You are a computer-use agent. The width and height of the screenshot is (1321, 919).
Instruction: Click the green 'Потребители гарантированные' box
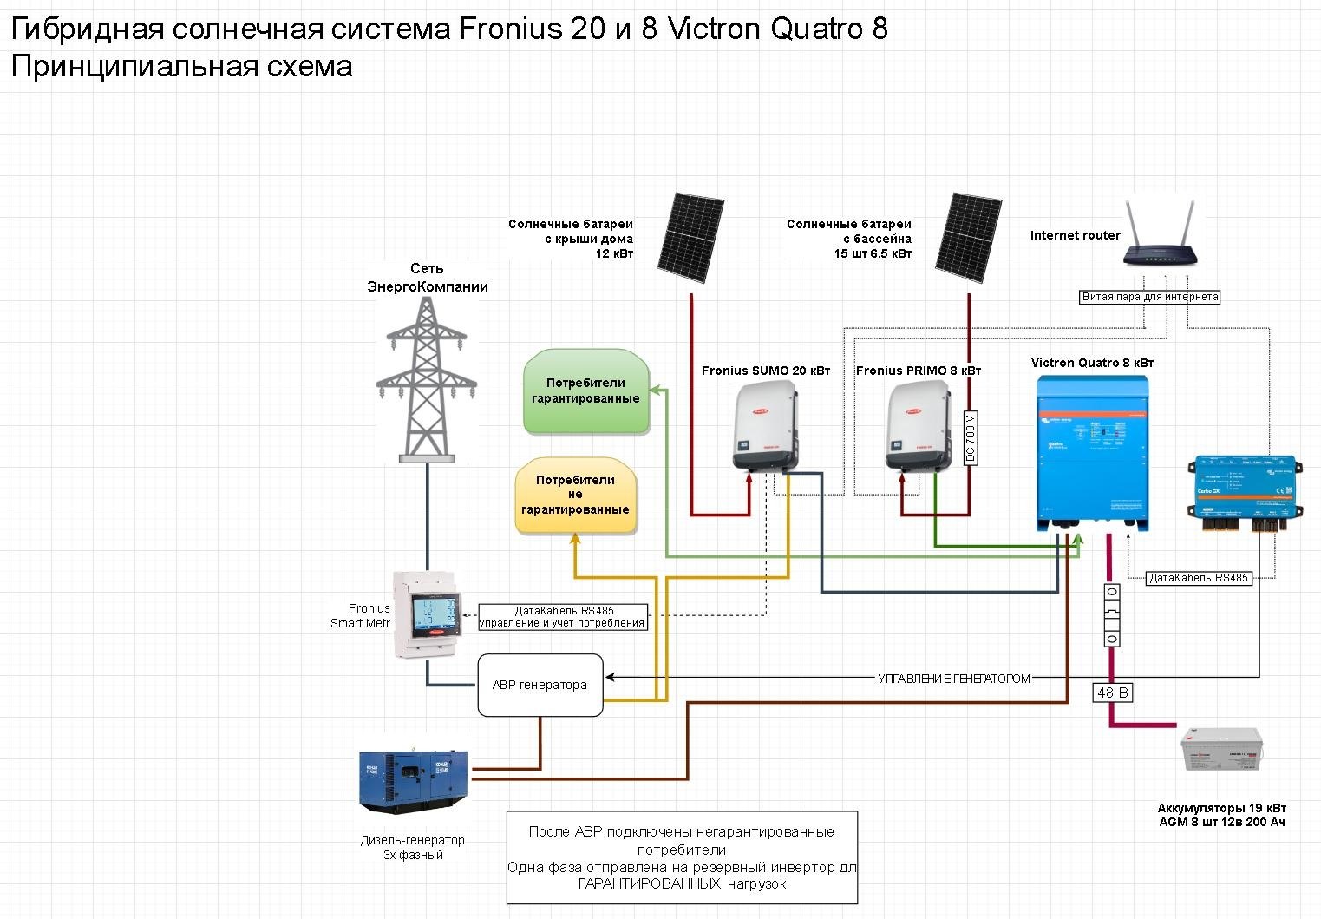click(586, 391)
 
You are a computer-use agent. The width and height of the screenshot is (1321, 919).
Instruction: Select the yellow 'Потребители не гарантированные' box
click(576, 496)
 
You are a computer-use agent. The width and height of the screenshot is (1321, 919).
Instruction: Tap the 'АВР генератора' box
click(540, 685)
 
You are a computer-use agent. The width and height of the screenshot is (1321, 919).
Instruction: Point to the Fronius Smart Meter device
click(427, 614)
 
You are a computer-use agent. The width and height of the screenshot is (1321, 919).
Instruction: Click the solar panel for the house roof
click(690, 237)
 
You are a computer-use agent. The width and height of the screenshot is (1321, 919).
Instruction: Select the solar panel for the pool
click(969, 237)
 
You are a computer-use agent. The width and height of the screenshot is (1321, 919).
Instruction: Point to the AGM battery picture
click(1222, 751)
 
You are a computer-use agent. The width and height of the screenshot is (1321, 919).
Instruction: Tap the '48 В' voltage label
click(1112, 693)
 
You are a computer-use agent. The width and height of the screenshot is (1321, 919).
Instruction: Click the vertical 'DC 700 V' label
click(971, 437)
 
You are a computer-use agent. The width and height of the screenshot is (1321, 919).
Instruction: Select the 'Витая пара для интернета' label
click(1150, 297)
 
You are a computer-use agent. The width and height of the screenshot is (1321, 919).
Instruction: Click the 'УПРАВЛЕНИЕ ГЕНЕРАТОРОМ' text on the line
click(954, 679)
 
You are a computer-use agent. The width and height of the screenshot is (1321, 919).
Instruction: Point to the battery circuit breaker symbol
click(1111, 615)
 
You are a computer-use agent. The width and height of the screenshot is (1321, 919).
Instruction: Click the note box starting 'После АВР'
click(682, 857)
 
